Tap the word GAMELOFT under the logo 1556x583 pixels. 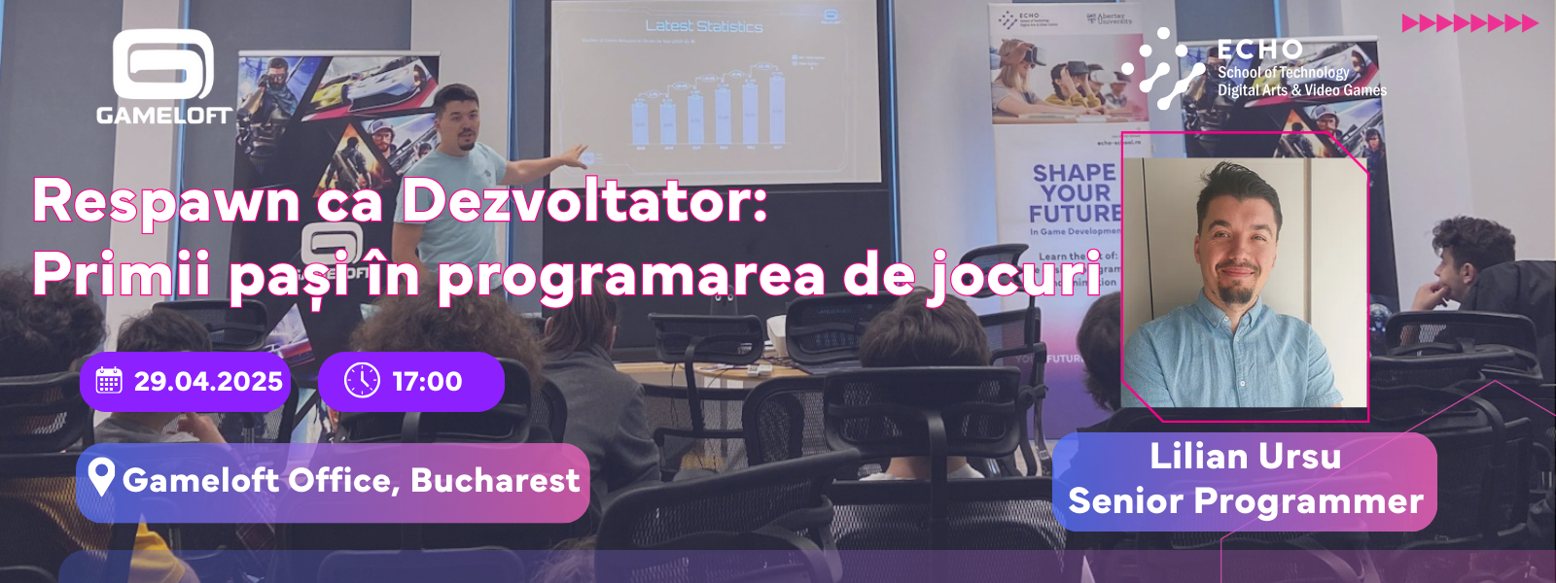[x=163, y=116]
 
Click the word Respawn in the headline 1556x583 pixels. [x=166, y=203]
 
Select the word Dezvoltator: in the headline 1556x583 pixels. [x=585, y=201]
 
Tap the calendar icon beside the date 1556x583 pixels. [x=109, y=381]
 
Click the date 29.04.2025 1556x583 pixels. [x=208, y=382]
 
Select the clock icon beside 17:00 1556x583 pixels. [x=362, y=381]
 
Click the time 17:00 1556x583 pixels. [x=427, y=382]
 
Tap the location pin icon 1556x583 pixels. [x=101, y=476]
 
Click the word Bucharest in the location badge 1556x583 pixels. [x=495, y=480]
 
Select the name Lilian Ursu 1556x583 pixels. [x=1245, y=457]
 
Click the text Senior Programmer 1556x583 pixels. [x=1245, y=501]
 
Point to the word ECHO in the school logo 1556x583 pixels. [x=1259, y=50]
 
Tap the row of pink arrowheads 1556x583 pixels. [x=1468, y=23]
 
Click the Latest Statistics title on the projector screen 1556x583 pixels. [x=703, y=26]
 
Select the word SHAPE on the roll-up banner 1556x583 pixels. [x=1073, y=173]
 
